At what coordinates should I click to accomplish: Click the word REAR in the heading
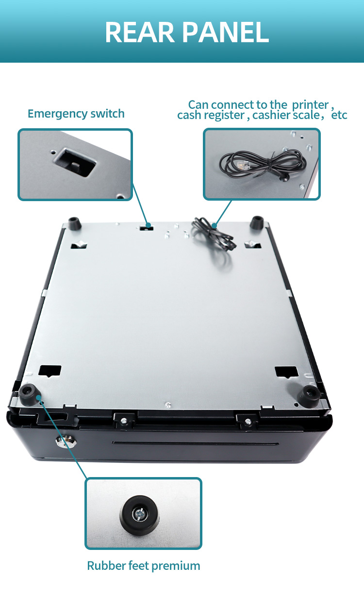point(140,33)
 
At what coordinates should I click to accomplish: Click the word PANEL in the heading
point(226,33)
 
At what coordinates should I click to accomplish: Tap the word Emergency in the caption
point(57,114)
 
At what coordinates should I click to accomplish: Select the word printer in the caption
point(310,105)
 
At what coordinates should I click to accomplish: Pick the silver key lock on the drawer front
point(66,441)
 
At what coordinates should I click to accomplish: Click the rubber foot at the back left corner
point(75,223)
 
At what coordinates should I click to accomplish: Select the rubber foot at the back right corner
point(257,222)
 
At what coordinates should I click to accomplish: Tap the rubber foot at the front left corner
point(29,394)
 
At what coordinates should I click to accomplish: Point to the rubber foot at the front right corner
point(309,396)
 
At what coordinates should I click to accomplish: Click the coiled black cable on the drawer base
point(214,234)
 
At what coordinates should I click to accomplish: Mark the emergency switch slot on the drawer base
point(147,228)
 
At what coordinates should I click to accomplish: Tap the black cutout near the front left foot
point(50,371)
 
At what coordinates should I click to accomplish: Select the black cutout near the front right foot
point(286,372)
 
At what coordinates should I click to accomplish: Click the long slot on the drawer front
point(196,444)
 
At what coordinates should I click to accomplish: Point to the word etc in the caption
point(339,116)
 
